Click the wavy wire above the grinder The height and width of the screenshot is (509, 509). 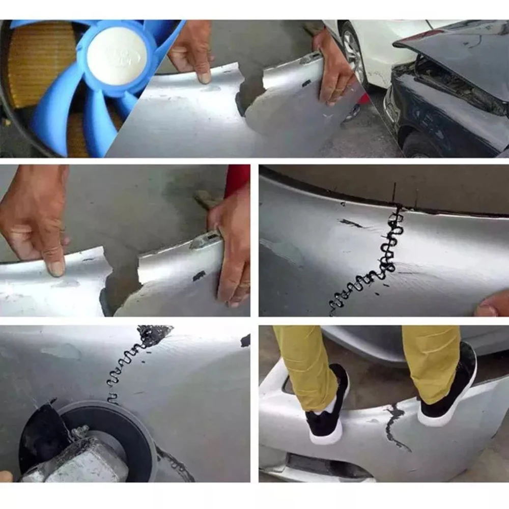coord(125,366)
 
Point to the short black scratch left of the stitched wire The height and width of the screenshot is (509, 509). coord(351,223)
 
